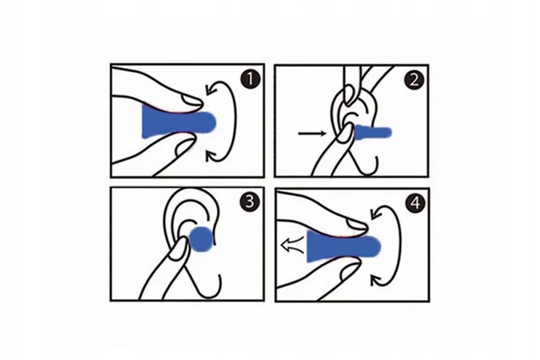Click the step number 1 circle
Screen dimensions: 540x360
[x=250, y=79]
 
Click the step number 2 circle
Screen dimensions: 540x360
[x=414, y=80]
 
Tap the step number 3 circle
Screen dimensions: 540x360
[x=250, y=201]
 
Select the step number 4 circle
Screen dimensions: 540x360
[x=416, y=203]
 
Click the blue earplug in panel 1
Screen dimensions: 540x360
[x=178, y=122]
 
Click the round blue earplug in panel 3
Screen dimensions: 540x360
[x=201, y=240]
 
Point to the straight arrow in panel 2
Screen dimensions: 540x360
[x=312, y=133]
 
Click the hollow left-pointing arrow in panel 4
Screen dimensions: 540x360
[x=293, y=245]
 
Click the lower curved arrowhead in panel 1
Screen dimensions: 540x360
[x=211, y=157]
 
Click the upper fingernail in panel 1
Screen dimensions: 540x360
[x=192, y=100]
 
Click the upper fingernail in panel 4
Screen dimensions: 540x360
[x=357, y=225]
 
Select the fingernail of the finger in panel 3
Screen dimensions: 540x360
[x=179, y=249]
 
